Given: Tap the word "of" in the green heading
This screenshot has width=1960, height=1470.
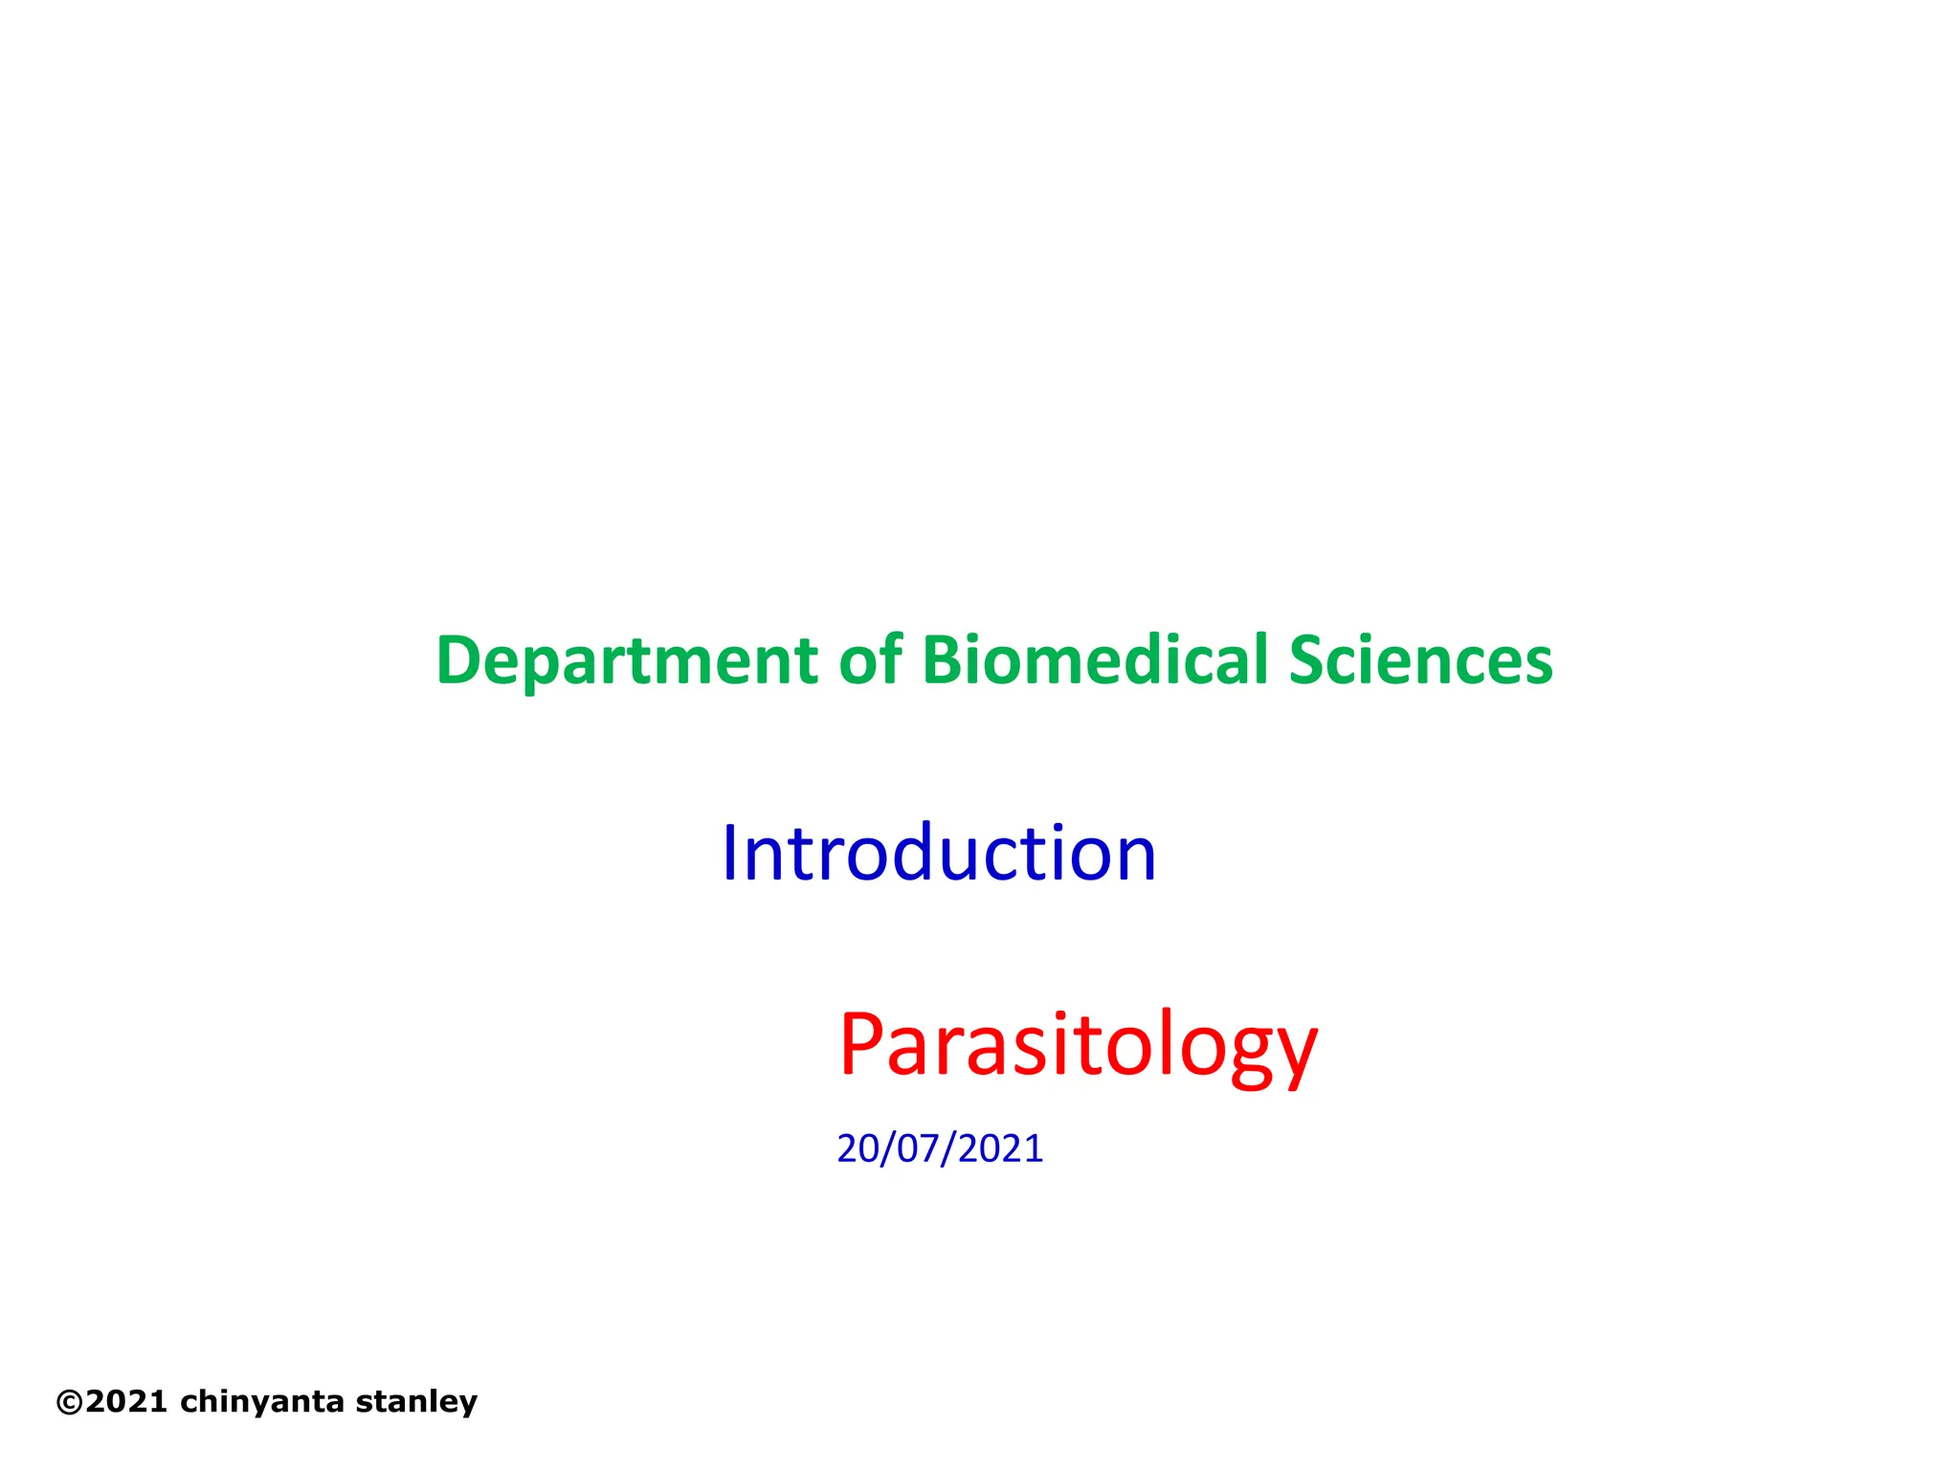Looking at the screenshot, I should tap(870, 660).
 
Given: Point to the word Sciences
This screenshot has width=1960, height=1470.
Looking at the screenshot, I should tap(1420, 660).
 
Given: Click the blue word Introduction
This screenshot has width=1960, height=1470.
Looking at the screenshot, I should tap(938, 853).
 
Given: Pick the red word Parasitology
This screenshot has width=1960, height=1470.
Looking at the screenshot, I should tap(1079, 1045).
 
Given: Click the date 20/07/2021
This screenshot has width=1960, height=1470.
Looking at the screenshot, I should tap(939, 1148).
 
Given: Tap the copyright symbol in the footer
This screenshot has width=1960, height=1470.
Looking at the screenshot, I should tap(69, 1402).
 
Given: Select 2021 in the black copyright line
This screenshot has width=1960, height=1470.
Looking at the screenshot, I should tap(127, 1402).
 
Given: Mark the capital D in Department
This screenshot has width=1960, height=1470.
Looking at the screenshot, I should tap(457, 660).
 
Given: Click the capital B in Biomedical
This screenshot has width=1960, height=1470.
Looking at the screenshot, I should tap(942, 660).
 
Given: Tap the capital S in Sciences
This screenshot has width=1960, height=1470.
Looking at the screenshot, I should tap(1308, 660).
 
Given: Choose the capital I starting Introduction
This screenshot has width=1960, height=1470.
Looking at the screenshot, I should tap(730, 853).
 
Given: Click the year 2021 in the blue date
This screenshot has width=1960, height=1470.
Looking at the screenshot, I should tap(1000, 1148).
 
